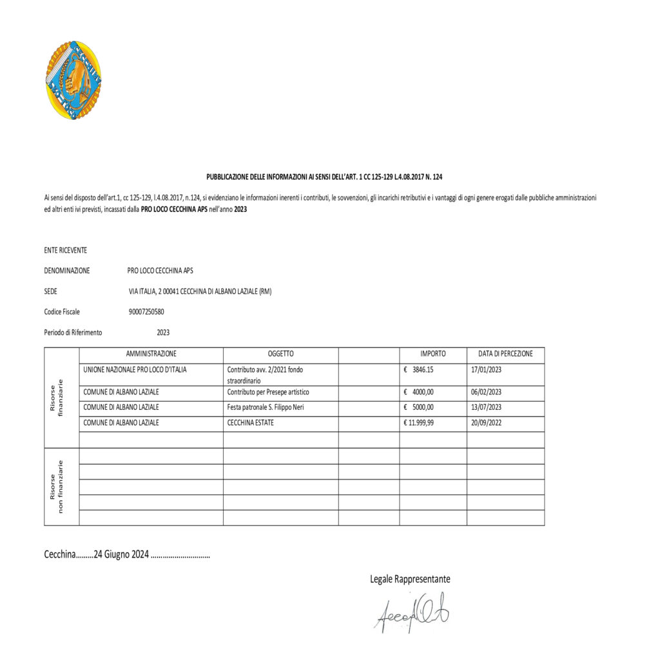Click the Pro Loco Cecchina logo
[73, 80]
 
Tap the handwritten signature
[411, 614]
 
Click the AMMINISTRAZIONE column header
[151, 354]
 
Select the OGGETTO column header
[280, 354]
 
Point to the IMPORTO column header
[433, 354]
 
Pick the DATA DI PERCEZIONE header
[505, 354]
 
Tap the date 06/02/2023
[486, 392]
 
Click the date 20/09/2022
[486, 423]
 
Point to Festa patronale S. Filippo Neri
[270, 407]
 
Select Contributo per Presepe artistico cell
[268, 392]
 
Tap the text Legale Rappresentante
[410, 579]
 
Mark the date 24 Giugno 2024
[121, 554]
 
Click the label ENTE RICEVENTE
[65, 250]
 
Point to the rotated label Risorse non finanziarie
[57, 487]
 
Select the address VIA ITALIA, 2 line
[200, 291]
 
